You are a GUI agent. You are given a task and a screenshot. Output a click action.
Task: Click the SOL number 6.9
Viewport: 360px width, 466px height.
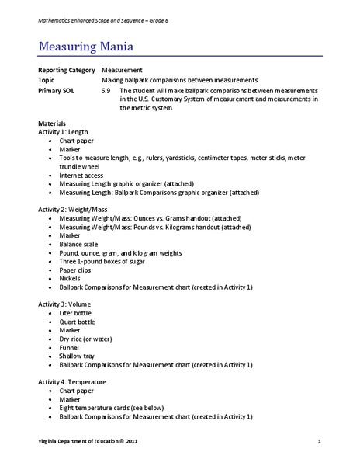108,90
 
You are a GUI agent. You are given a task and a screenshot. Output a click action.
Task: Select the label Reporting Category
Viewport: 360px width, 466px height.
67,70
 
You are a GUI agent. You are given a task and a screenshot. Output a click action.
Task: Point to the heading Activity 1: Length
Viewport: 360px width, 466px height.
67,133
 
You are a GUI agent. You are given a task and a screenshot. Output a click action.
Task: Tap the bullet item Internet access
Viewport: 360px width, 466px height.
83,176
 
